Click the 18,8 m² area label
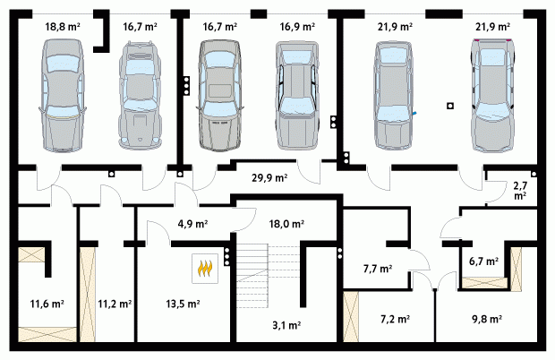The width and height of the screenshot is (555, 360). (x=63, y=27)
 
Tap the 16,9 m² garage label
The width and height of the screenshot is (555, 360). (x=297, y=27)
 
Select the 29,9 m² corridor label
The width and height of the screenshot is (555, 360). (x=269, y=177)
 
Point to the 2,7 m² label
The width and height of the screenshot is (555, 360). (x=519, y=190)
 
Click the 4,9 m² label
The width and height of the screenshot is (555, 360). (x=192, y=224)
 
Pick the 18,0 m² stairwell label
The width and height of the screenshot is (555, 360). (x=286, y=224)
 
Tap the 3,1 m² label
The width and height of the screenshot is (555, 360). (x=286, y=325)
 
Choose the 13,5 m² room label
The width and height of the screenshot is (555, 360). (x=183, y=304)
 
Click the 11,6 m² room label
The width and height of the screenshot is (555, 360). (x=47, y=304)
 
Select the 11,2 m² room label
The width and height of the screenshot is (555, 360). (x=115, y=304)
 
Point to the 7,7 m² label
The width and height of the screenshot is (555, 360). (x=378, y=269)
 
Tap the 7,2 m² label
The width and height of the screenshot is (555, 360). (x=395, y=320)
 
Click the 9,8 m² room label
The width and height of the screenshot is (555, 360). (x=487, y=320)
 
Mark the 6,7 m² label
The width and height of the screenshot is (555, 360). (x=484, y=261)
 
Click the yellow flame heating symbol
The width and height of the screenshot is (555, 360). (x=205, y=269)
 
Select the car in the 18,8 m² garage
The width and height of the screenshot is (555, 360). (x=63, y=96)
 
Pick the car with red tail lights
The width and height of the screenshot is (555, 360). (x=492, y=95)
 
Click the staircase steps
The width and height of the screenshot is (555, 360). (x=252, y=271)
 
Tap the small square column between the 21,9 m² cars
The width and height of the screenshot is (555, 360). (x=450, y=106)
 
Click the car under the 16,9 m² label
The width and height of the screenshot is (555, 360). (x=297, y=95)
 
